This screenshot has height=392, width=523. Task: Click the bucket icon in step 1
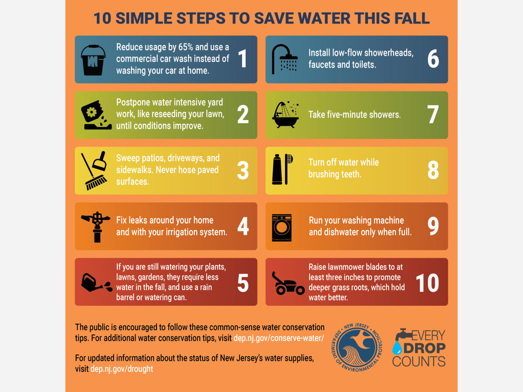(x=93, y=60)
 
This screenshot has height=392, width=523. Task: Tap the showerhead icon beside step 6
(x=285, y=59)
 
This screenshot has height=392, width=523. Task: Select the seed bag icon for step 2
(x=96, y=115)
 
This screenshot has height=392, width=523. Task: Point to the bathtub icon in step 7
(x=285, y=115)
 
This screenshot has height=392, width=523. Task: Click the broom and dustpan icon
(x=94, y=170)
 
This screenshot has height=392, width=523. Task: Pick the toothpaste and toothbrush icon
(x=282, y=169)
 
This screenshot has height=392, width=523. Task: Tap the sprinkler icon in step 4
(x=96, y=227)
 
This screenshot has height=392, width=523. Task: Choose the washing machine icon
(x=282, y=228)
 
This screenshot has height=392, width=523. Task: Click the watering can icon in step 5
(x=96, y=283)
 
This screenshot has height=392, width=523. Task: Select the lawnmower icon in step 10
(x=288, y=283)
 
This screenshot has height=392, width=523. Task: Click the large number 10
(x=427, y=283)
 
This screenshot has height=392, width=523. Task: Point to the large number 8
(x=433, y=170)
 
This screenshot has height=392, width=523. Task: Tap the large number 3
(x=243, y=170)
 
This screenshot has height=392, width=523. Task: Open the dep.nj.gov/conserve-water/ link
(x=279, y=338)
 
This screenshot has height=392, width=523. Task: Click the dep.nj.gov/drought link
(x=122, y=368)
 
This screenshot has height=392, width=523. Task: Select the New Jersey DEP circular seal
(x=357, y=347)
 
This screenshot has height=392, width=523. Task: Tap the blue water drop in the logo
(x=397, y=348)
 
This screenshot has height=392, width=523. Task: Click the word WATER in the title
(x=324, y=18)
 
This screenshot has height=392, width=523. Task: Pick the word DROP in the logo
(x=425, y=348)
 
